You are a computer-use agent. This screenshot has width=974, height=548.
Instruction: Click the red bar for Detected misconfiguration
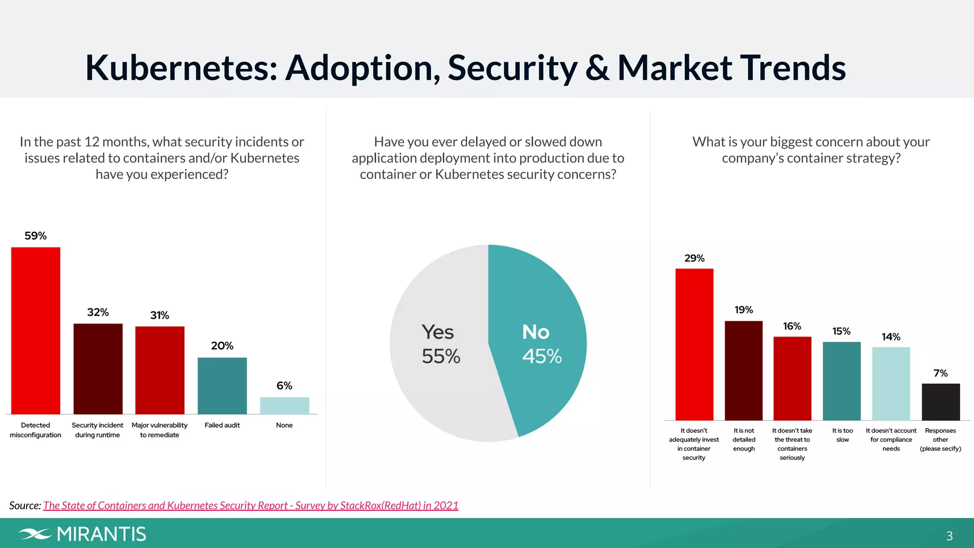coord(36,331)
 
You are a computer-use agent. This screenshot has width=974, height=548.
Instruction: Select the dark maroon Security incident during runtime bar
coord(98,369)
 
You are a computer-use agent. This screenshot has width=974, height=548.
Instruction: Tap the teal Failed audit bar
coord(222,385)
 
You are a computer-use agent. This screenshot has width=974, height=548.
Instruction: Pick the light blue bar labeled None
coord(284,405)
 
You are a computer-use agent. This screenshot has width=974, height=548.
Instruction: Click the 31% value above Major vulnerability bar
coord(159,315)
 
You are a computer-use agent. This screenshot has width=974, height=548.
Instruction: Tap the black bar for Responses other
coord(940,401)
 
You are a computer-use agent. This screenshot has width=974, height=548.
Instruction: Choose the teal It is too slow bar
coord(841,381)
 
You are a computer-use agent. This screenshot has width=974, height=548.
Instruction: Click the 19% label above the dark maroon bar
coord(744,310)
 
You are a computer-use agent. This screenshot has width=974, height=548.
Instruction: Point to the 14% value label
coord(891,337)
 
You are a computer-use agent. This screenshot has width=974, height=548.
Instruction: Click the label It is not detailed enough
coord(744,440)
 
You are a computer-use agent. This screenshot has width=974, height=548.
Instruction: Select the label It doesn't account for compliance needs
coord(891,440)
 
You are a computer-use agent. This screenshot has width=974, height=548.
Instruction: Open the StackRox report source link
coord(251,505)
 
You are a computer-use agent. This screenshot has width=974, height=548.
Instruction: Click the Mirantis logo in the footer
coord(82,534)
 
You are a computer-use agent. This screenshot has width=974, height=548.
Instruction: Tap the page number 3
coord(949,536)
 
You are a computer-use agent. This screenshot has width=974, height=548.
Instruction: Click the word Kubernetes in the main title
coord(181,68)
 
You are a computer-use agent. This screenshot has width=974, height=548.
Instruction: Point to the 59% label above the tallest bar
coord(36,236)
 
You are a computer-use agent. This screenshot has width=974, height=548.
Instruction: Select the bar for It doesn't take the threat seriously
coord(792,378)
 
